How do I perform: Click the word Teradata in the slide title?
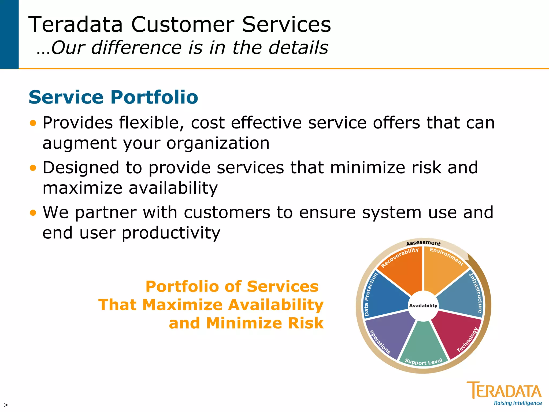click(76, 25)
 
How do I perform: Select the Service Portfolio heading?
click(113, 97)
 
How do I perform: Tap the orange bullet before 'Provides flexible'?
click(33, 123)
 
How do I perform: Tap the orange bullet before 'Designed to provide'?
click(33, 168)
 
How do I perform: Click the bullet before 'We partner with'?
click(33, 213)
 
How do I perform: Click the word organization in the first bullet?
click(218, 143)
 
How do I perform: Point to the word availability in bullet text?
click(173, 188)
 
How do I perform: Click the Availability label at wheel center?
click(423, 306)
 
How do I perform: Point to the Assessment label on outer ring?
click(423, 243)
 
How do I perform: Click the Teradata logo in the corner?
click(504, 390)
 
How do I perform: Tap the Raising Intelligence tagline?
click(518, 403)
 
